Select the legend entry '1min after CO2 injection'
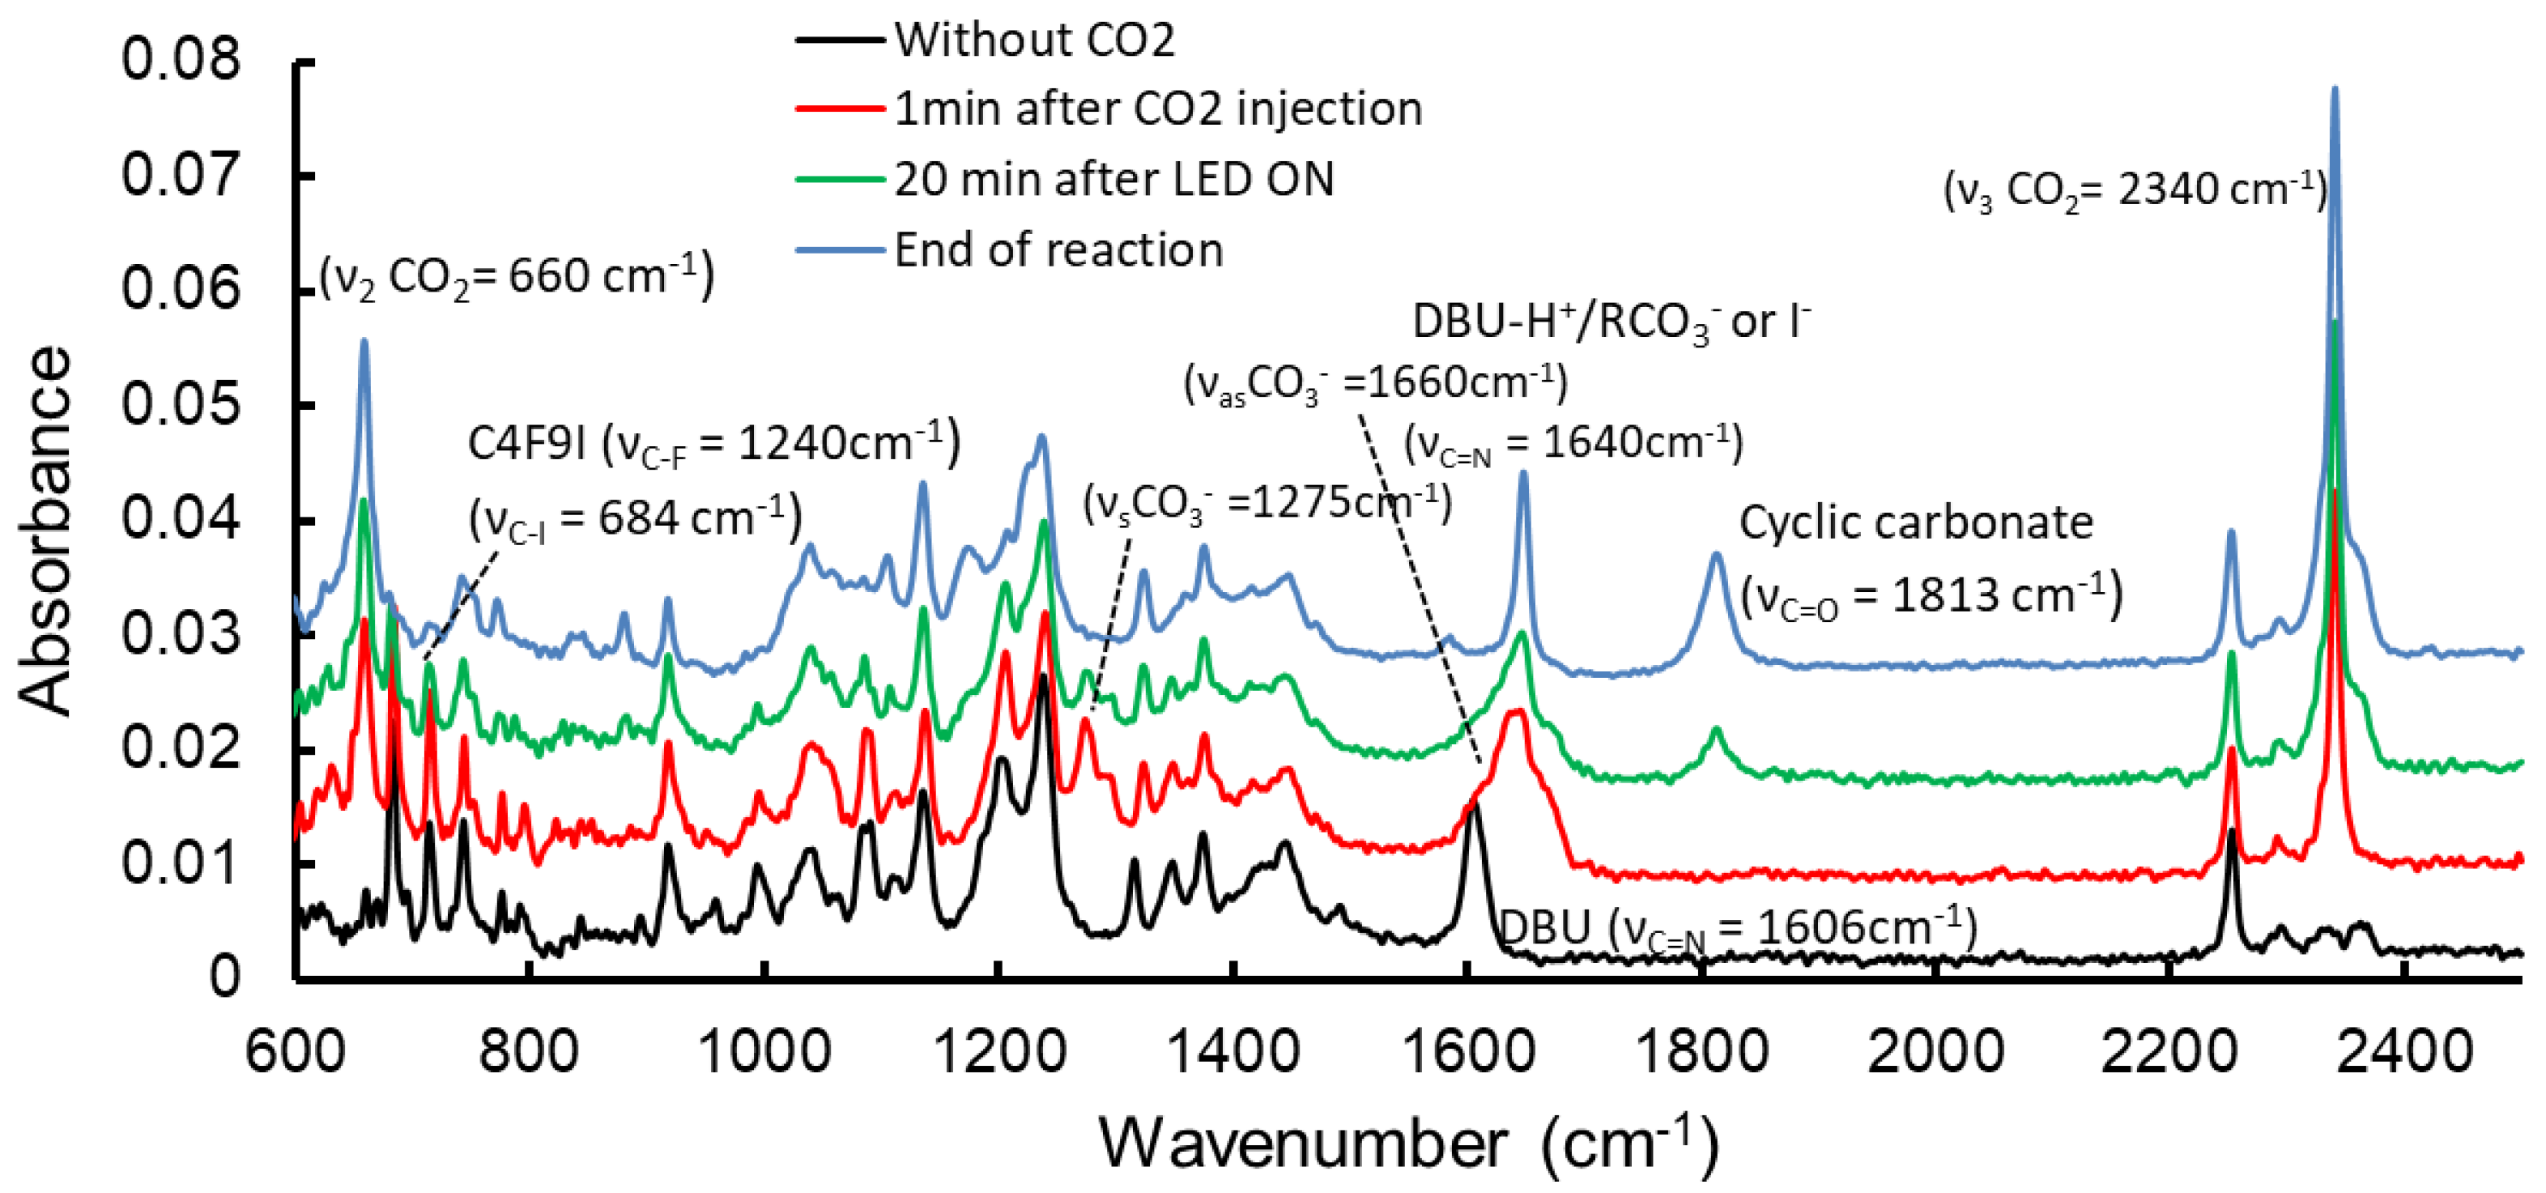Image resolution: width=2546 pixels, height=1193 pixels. pyautogui.click(x=1157, y=109)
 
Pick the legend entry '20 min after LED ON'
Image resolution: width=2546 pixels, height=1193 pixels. pyautogui.click(x=1114, y=180)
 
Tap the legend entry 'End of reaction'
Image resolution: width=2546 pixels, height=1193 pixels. pyautogui.click(x=1058, y=250)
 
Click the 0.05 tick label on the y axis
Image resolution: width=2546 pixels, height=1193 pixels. pyautogui.click(x=180, y=404)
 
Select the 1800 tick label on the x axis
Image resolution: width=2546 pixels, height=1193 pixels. pyautogui.click(x=1702, y=1050)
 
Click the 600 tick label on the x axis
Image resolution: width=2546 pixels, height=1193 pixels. pyautogui.click(x=296, y=1050)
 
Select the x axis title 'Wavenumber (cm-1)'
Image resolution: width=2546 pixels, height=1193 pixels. pyautogui.click(x=1407, y=1144)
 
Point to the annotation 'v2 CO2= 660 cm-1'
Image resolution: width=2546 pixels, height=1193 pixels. pyautogui.click(x=517, y=275)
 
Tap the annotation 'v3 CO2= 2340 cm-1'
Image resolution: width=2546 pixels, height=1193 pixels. pyautogui.click(x=2135, y=190)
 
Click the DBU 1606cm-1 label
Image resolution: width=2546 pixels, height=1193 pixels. pyautogui.click(x=1738, y=928)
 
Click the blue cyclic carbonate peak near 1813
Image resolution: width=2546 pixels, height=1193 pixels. pyautogui.click(x=1717, y=556)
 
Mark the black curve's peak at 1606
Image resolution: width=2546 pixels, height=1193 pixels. pyautogui.click(x=1474, y=807)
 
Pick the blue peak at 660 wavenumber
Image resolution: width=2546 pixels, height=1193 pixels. pyautogui.click(x=364, y=341)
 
